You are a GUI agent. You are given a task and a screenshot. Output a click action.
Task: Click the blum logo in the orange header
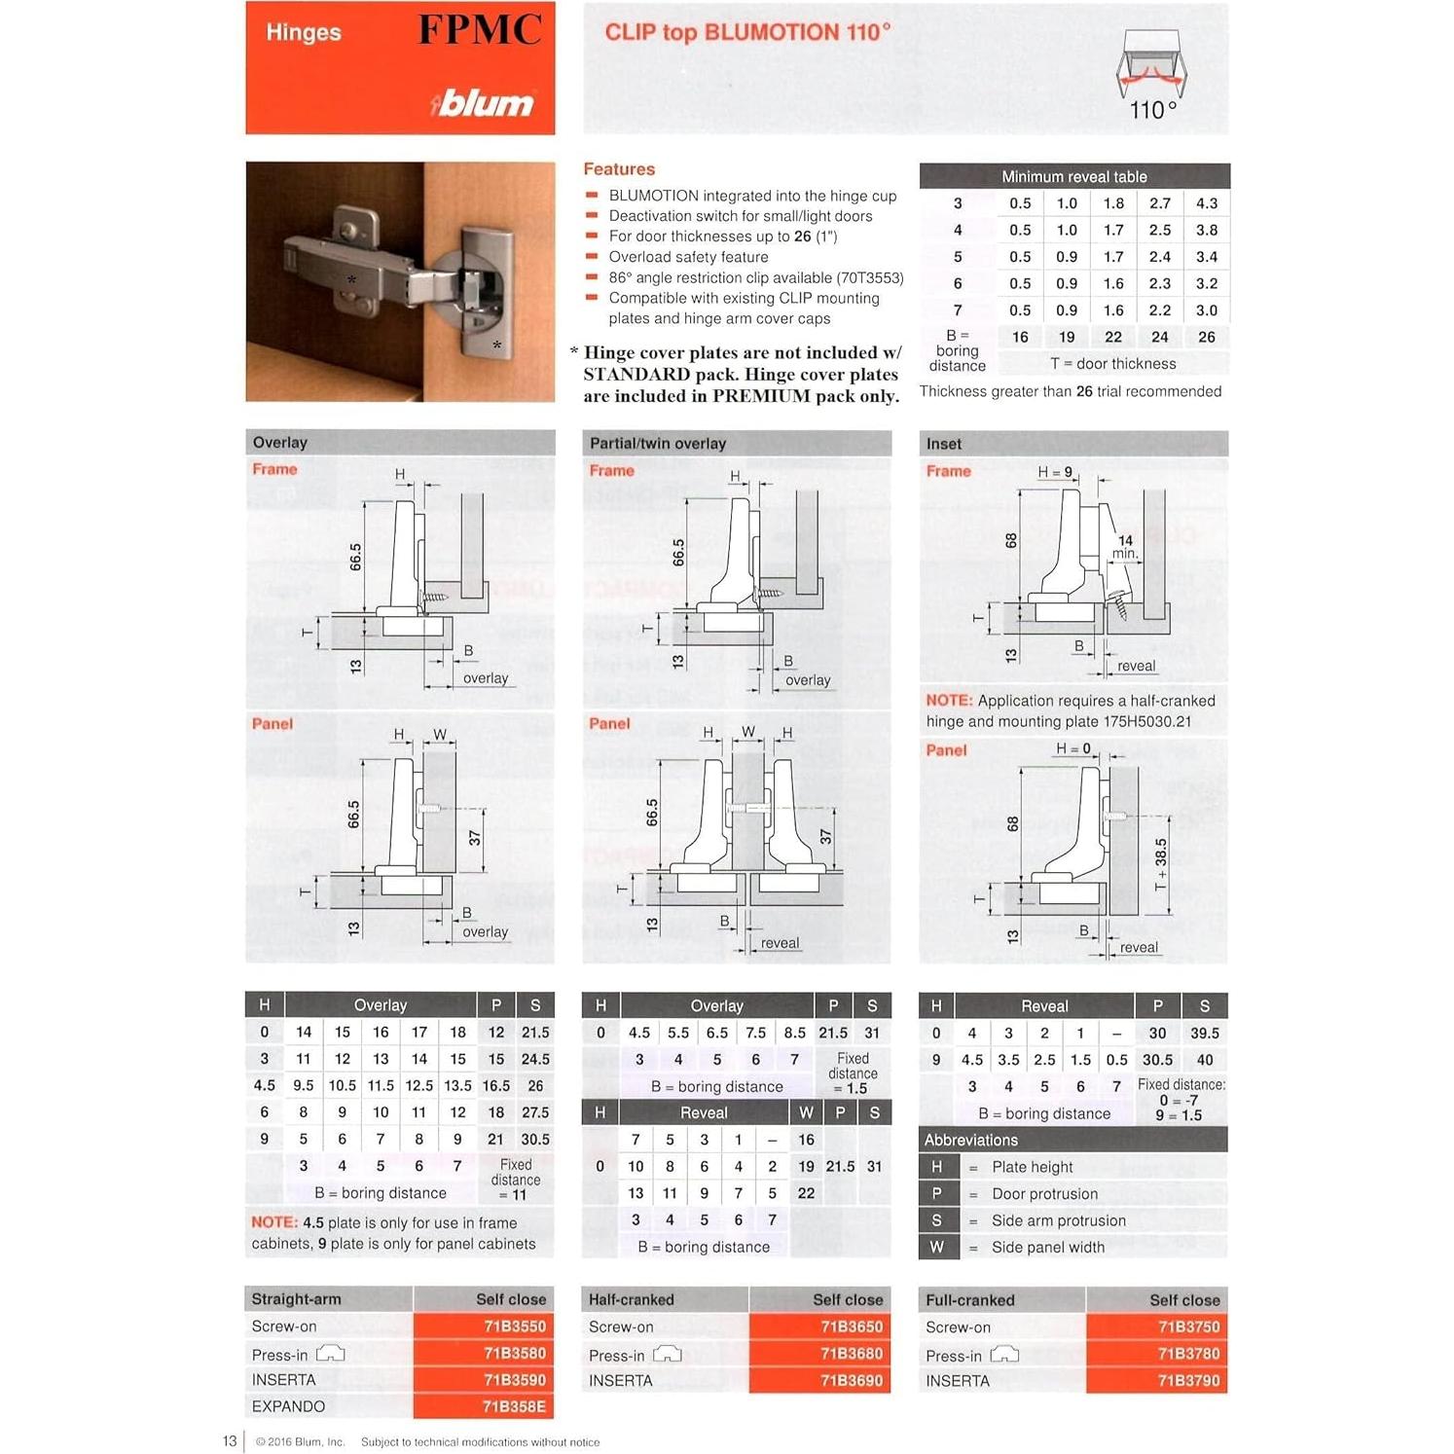coord(484,102)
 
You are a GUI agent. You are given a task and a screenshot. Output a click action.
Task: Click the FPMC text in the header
coord(480,29)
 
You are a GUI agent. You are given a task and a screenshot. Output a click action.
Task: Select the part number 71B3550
coord(514,1327)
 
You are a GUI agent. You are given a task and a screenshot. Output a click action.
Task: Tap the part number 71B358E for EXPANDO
coord(514,1406)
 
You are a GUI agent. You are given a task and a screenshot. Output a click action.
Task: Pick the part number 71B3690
coord(851,1380)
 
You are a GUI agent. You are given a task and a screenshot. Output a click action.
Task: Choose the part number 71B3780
coord(1187,1354)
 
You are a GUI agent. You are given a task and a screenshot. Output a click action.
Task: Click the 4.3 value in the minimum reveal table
coord(1206,203)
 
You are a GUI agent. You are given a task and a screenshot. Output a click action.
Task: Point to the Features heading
coord(619,169)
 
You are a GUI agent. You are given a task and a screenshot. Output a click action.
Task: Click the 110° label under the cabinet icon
coord(1152,110)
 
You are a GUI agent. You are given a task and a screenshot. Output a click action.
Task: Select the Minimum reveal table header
coord(1073,176)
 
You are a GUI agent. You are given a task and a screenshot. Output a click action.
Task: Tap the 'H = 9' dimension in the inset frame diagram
coord(1054,472)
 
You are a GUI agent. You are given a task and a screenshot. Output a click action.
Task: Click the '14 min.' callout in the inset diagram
coord(1125,547)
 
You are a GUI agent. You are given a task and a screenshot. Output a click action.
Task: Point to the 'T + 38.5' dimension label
coord(1161,864)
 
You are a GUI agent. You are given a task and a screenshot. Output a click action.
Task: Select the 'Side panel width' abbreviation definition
coord(1047,1248)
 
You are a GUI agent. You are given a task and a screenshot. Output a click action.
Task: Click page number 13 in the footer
coord(230,1441)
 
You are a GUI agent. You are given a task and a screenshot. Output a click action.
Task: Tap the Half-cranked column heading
coord(631,1299)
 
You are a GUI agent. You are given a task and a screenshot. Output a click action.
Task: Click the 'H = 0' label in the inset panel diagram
coord(1072,748)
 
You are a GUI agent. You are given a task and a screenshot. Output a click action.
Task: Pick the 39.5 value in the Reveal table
coord(1204,1033)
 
